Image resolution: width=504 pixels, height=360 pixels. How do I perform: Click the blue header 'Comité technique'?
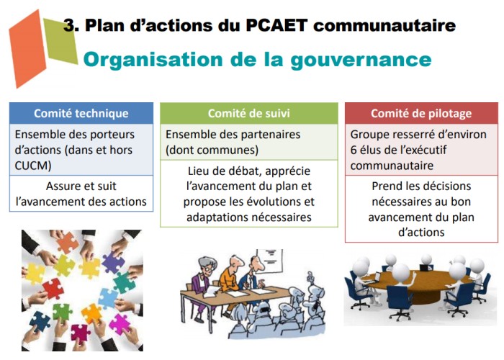(81, 114)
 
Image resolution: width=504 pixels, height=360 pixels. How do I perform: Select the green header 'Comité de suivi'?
(249, 114)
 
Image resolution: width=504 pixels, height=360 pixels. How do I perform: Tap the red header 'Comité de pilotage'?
(421, 114)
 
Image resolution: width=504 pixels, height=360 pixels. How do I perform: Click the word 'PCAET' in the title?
(276, 25)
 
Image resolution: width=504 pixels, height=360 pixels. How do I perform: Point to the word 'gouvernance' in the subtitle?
(361, 60)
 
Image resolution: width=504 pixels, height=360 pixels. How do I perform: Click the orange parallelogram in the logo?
(27, 49)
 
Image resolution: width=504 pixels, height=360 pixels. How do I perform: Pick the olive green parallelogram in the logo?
(60, 41)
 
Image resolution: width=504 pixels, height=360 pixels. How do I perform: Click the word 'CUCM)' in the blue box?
(33, 166)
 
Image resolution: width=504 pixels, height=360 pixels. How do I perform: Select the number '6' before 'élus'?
(354, 150)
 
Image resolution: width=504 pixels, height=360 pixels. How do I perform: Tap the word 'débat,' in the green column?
(239, 171)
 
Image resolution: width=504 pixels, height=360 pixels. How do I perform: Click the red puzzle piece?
(53, 288)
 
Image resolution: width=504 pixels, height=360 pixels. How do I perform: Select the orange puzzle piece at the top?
(68, 243)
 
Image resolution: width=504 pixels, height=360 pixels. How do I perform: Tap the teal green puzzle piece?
(123, 282)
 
